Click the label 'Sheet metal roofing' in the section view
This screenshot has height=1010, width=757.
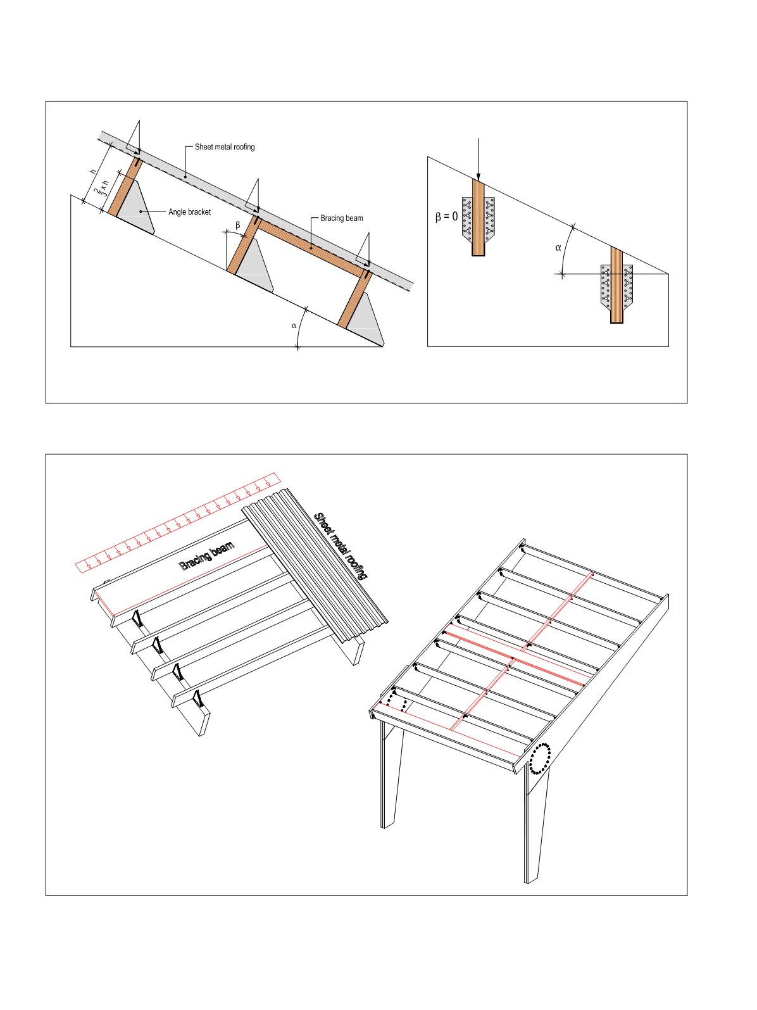tap(225, 147)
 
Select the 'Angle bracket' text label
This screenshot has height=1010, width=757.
tap(189, 212)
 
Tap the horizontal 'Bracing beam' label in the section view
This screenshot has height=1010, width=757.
tap(342, 218)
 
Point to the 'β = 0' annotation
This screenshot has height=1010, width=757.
tap(447, 217)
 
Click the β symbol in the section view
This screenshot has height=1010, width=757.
tap(238, 225)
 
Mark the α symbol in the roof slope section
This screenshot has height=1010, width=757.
tap(294, 325)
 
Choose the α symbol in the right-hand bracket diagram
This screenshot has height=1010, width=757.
tap(558, 248)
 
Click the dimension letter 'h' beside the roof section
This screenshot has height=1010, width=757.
tap(94, 172)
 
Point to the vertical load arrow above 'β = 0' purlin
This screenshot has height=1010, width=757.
tap(479, 159)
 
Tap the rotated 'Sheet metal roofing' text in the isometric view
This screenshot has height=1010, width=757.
tap(340, 546)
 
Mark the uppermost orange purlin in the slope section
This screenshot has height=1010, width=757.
tap(125, 186)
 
